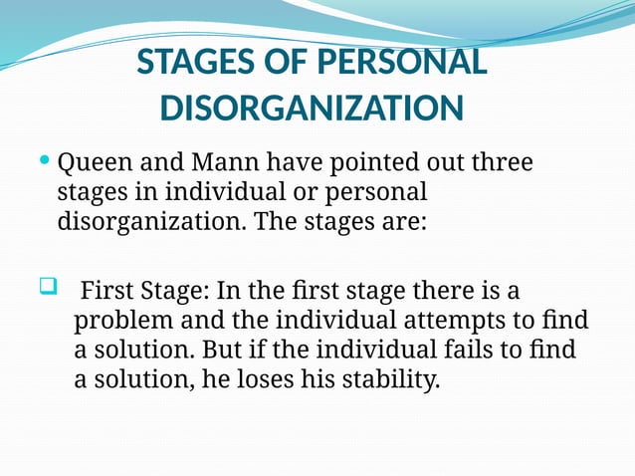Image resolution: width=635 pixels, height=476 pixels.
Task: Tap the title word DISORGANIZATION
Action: (x=312, y=108)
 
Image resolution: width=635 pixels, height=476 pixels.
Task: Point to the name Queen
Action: (x=93, y=161)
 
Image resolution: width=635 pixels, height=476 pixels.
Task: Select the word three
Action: (x=500, y=161)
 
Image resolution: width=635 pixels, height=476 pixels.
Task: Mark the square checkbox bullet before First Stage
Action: (x=46, y=290)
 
